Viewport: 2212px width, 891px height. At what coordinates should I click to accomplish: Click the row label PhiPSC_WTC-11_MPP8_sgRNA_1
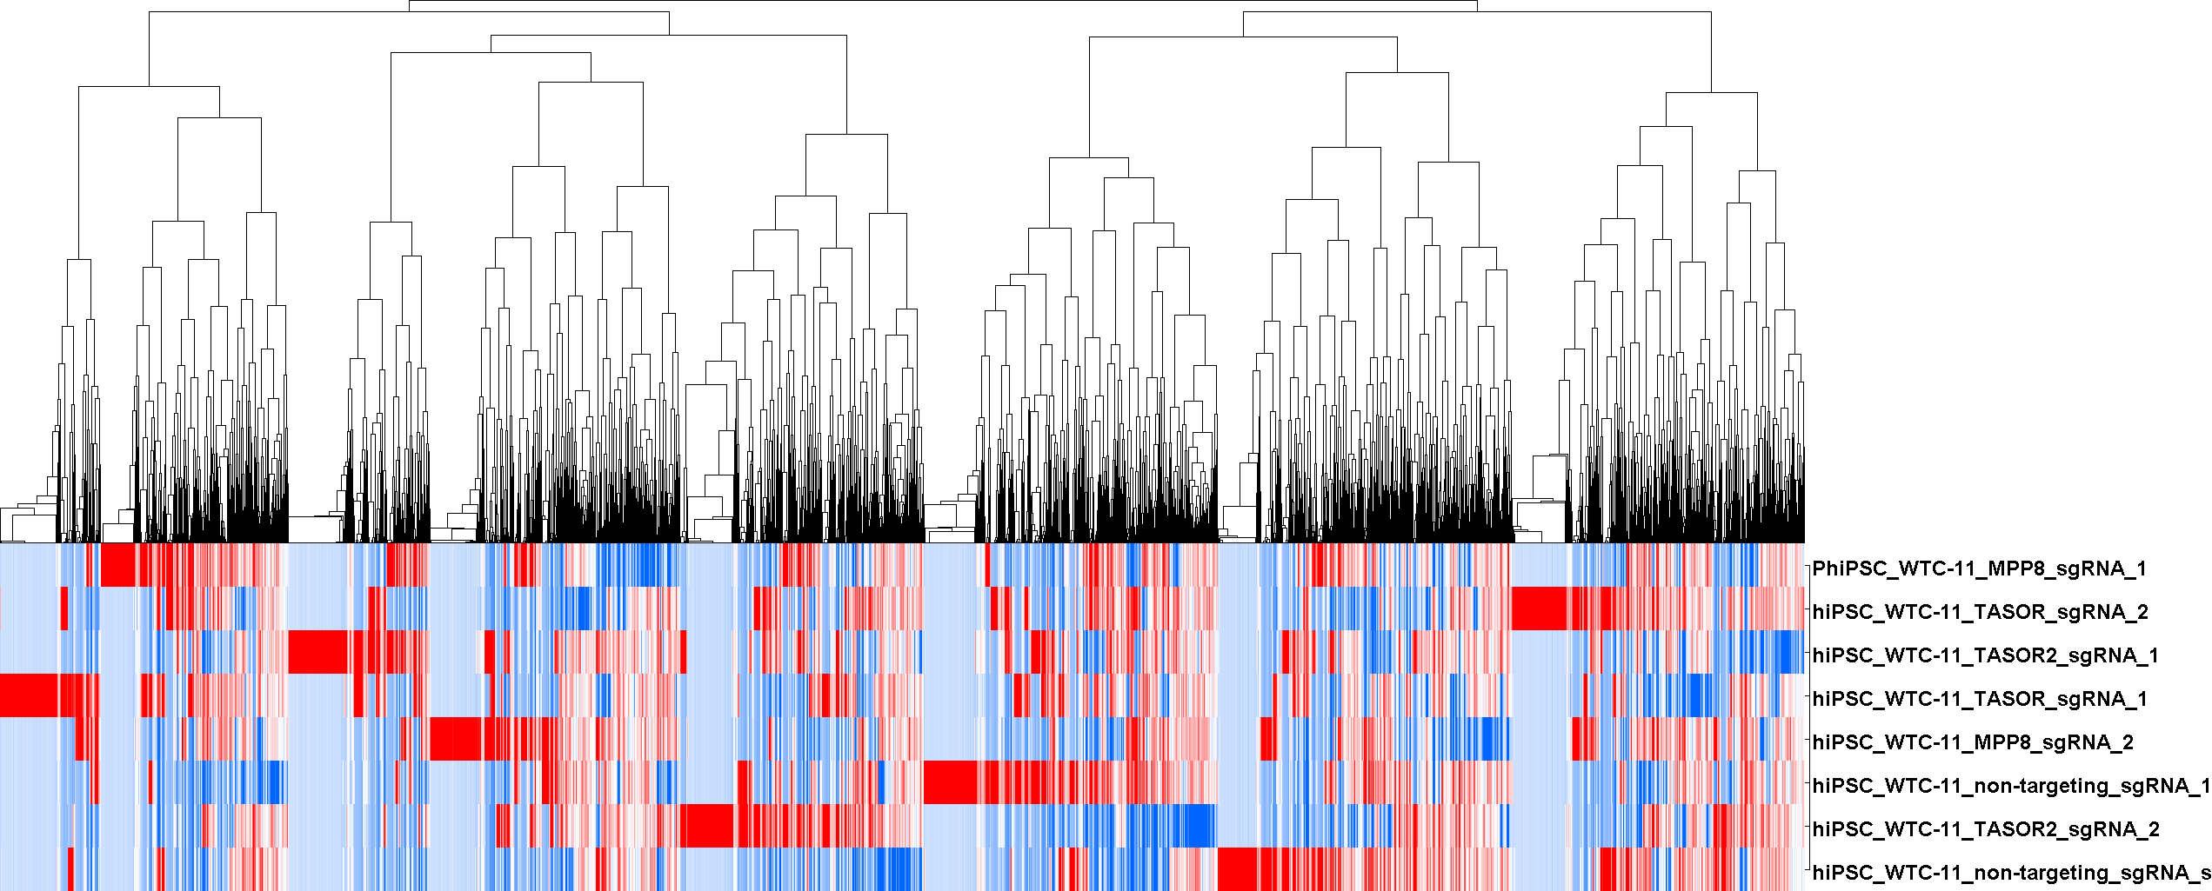(x=1979, y=569)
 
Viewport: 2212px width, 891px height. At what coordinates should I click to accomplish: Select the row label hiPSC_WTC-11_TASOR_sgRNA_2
(x=1980, y=612)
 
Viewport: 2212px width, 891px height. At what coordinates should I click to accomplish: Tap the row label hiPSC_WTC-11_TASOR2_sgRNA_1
(x=1985, y=655)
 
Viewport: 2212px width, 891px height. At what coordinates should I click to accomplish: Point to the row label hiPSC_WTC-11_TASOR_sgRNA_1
(x=1980, y=699)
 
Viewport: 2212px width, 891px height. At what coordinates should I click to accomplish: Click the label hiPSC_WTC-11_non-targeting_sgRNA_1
(x=2010, y=786)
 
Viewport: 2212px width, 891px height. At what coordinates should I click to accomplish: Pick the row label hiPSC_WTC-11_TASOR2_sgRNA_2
(x=1985, y=829)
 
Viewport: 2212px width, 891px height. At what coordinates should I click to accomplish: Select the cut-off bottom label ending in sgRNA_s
(x=2010, y=873)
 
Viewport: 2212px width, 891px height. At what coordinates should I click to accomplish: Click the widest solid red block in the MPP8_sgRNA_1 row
(x=118, y=565)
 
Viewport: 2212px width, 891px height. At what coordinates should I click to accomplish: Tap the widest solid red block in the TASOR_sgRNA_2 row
(x=1540, y=608)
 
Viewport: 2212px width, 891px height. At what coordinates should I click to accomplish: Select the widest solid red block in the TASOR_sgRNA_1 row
(x=29, y=695)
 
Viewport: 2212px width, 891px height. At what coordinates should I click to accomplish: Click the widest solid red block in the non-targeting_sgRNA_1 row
(x=950, y=782)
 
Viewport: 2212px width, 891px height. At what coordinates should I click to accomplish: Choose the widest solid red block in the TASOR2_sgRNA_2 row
(x=707, y=826)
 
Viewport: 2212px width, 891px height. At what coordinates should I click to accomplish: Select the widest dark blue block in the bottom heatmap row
(x=896, y=869)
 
